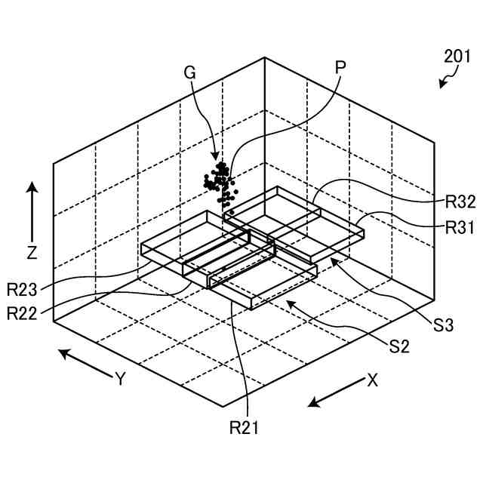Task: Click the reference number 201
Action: click(458, 56)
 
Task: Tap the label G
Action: click(189, 72)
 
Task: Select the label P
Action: click(340, 66)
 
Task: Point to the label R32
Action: click(460, 202)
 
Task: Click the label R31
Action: click(460, 227)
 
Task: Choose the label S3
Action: click(444, 326)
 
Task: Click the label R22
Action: click(23, 312)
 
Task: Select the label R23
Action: click(23, 288)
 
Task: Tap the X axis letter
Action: click(372, 380)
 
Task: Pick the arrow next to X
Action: click(335, 394)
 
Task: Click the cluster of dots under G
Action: click(219, 183)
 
